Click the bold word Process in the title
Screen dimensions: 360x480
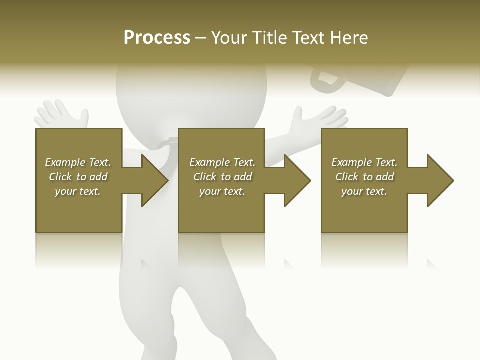(x=157, y=38)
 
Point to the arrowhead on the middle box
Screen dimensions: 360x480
(x=296, y=180)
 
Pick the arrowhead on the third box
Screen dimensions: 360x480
(x=439, y=180)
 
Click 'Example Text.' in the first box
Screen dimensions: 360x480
(x=78, y=162)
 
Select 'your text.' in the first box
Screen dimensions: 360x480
(x=78, y=191)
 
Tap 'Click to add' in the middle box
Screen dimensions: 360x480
(x=222, y=176)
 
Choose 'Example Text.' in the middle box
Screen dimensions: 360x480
(x=222, y=162)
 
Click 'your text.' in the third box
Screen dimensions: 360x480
(x=364, y=191)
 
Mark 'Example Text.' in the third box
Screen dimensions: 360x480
(x=364, y=162)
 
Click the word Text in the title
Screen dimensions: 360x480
(x=307, y=38)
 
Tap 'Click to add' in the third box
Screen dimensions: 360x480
(x=364, y=176)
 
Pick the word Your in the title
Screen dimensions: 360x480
(x=228, y=38)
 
